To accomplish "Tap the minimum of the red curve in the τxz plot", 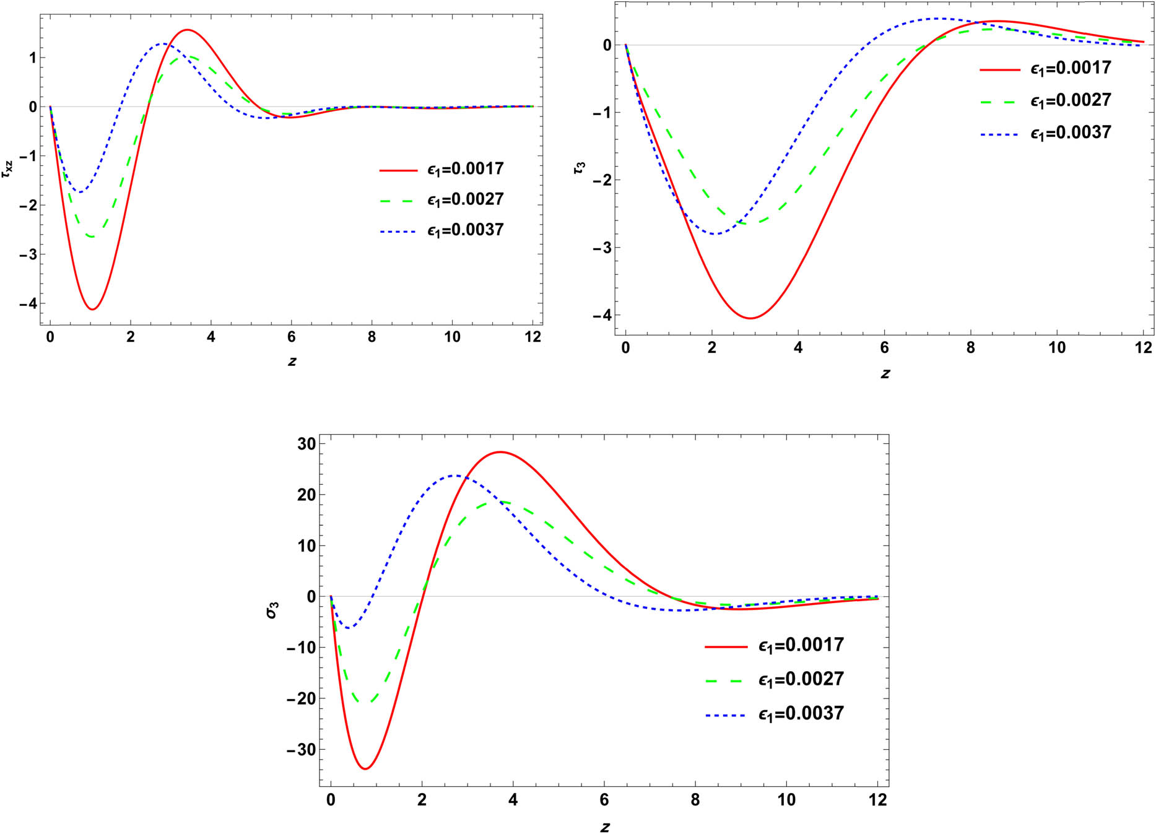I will coord(92,309).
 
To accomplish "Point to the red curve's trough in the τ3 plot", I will coord(750,318).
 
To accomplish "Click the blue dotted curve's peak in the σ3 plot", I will coord(456,476).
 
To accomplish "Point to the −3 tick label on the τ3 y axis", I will coord(600,248).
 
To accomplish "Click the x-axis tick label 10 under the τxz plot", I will coord(452,337).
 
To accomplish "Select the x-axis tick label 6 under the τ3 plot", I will coord(884,348).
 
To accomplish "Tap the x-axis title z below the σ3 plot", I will coord(605,827).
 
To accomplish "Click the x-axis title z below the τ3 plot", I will coord(885,373).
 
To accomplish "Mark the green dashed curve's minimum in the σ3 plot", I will coord(365,702).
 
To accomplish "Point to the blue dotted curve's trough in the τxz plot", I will coord(79,192).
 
